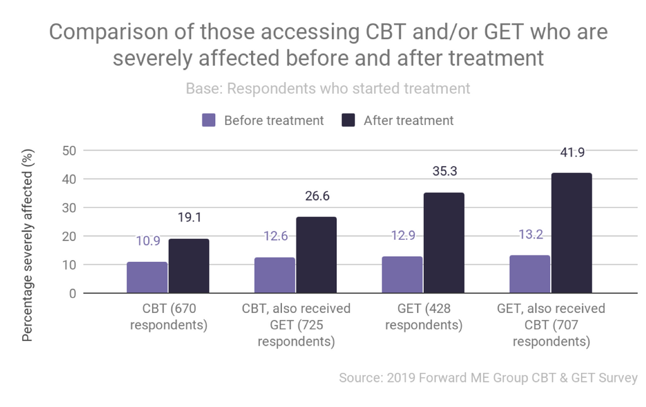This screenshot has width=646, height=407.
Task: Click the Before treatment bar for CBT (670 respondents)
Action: pyautogui.click(x=147, y=278)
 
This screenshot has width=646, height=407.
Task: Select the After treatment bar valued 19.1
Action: pyautogui.click(x=189, y=266)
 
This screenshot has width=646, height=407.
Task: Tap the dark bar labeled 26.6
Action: pyautogui.click(x=316, y=255)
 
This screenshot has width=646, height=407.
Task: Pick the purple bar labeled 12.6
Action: pyautogui.click(x=274, y=275)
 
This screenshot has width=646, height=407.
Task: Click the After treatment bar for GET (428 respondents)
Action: pyautogui.click(x=444, y=243)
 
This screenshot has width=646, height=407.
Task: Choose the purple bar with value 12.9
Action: pyautogui.click(x=402, y=274)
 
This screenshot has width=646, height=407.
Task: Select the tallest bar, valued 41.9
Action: pyautogui.click(x=572, y=233)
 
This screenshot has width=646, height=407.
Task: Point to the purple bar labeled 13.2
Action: pyautogui.click(x=530, y=274)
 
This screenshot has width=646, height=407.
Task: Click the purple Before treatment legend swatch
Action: pyautogui.click(x=209, y=120)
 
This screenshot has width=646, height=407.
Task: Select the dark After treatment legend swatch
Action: pyautogui.click(x=348, y=120)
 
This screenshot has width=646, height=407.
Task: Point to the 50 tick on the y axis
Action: pyautogui.click(x=69, y=151)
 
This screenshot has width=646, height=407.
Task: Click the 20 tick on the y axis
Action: pyautogui.click(x=69, y=237)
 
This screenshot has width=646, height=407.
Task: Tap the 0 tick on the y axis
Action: pyautogui.click(x=73, y=293)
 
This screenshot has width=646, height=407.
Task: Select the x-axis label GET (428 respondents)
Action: pyautogui.click(x=424, y=317)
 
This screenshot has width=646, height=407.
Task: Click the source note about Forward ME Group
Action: pyautogui.click(x=488, y=378)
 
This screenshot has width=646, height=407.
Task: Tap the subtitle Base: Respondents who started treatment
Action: pyautogui.click(x=328, y=88)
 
